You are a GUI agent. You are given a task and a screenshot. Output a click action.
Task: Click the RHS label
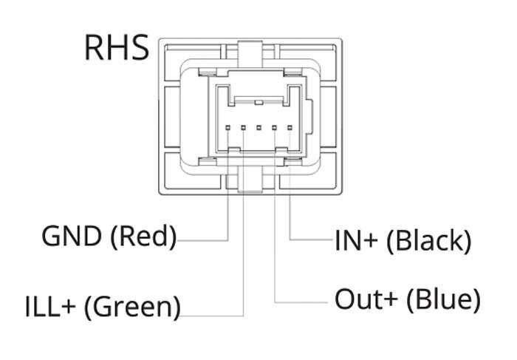(117, 48)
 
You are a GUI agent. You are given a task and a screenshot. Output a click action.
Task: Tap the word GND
(72, 236)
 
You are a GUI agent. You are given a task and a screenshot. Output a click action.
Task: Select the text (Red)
(143, 237)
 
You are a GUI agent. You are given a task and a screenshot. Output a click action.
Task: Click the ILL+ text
(50, 307)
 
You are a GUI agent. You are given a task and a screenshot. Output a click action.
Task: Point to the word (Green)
(132, 308)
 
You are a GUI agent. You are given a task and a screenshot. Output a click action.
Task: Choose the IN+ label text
(356, 241)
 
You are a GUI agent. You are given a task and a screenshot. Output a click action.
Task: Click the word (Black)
(429, 241)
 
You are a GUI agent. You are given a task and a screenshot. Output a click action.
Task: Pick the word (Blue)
(443, 299)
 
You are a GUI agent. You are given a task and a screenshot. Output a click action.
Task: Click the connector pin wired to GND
(227, 127)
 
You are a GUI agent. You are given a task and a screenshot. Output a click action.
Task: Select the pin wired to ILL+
(243, 127)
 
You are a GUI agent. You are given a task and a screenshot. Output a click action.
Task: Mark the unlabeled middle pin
(258, 127)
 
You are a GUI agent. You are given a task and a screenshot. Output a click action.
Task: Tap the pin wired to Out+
(274, 127)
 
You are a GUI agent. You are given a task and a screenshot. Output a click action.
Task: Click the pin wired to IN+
(290, 127)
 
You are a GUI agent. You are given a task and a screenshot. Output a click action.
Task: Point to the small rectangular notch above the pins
(258, 102)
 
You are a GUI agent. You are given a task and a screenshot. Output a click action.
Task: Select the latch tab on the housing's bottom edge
(250, 179)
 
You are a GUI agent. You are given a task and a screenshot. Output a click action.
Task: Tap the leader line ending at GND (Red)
(227, 197)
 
